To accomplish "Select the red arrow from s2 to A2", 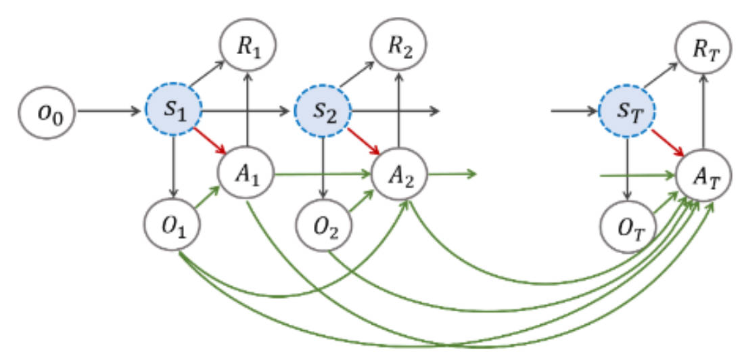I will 361,141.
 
